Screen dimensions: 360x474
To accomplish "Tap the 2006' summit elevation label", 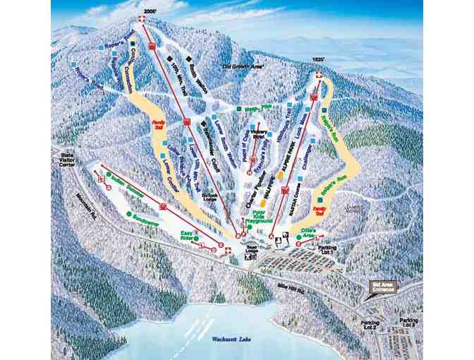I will (150, 11).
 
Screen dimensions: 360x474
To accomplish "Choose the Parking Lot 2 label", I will (370, 327).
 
